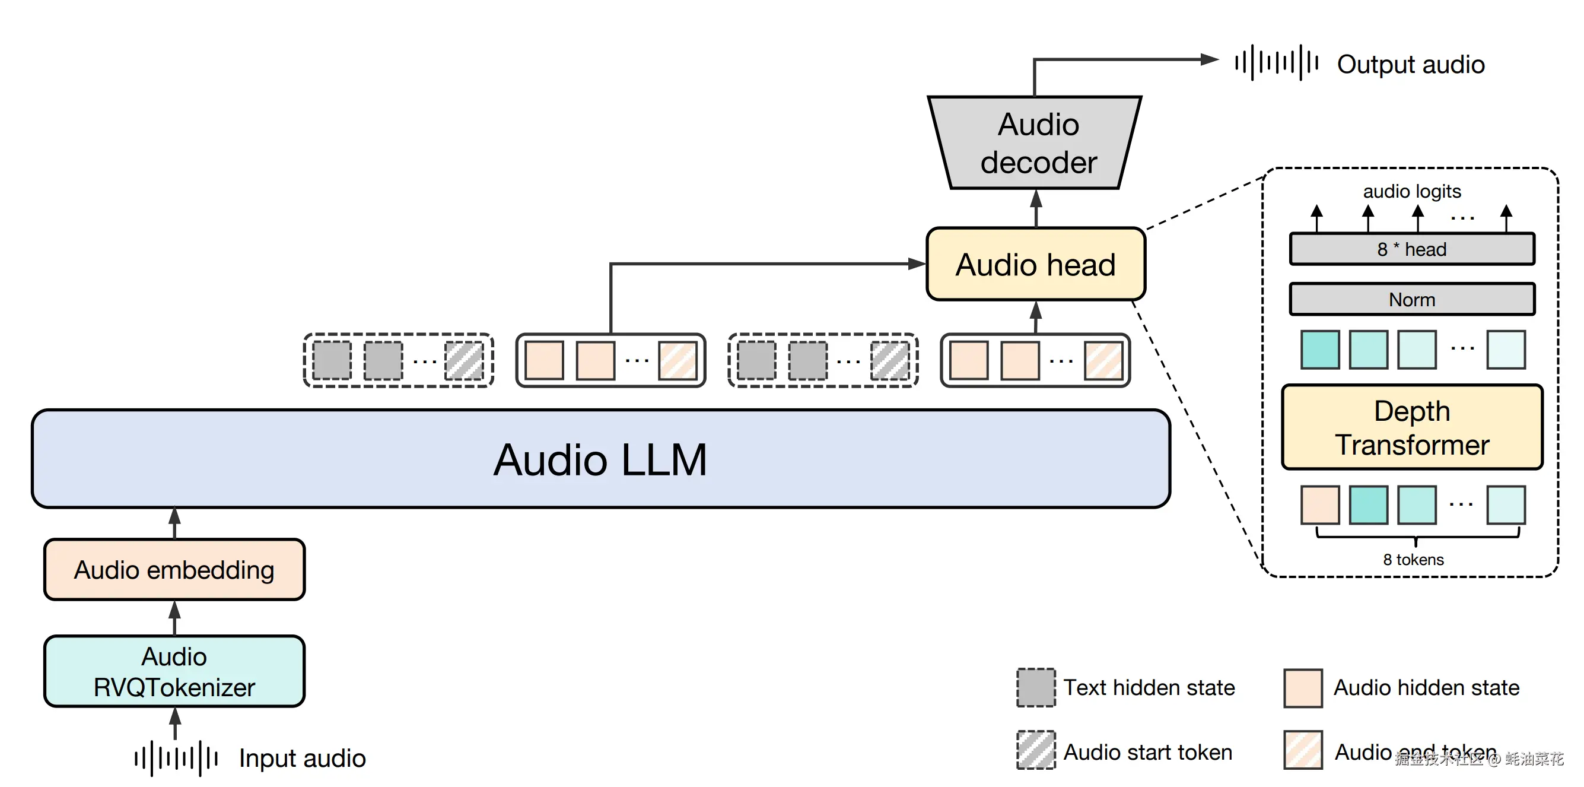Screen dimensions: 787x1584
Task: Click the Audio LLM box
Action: click(600, 459)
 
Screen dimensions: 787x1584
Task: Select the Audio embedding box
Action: click(174, 570)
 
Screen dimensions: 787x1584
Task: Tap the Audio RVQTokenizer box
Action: click(174, 671)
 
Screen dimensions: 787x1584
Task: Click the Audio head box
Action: click(1035, 265)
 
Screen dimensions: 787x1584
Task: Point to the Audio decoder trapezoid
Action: click(1037, 143)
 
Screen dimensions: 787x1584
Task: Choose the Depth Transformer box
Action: click(1412, 428)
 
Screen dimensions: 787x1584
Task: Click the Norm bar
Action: click(1412, 300)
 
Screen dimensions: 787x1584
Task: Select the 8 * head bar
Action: click(1412, 249)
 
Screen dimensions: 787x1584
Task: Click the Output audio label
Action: click(1411, 65)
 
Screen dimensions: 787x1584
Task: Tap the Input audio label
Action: click(302, 758)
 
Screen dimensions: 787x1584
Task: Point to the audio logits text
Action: click(1412, 191)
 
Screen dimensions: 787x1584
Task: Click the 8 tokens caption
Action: click(1413, 559)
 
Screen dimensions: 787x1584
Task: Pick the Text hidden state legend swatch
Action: click(1035, 687)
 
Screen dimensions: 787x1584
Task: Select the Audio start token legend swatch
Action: click(1035, 750)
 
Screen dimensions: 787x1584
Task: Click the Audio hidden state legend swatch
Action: click(1303, 688)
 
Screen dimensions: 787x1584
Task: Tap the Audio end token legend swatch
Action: click(1303, 750)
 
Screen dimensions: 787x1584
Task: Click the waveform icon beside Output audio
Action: click(1277, 63)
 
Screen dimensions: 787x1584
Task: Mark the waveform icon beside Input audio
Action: click(176, 758)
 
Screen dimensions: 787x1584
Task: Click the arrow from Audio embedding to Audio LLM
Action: click(174, 523)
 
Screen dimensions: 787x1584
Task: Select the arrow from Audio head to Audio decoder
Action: click(1036, 208)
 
